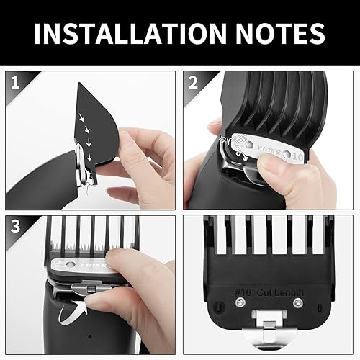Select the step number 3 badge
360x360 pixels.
(15, 225)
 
